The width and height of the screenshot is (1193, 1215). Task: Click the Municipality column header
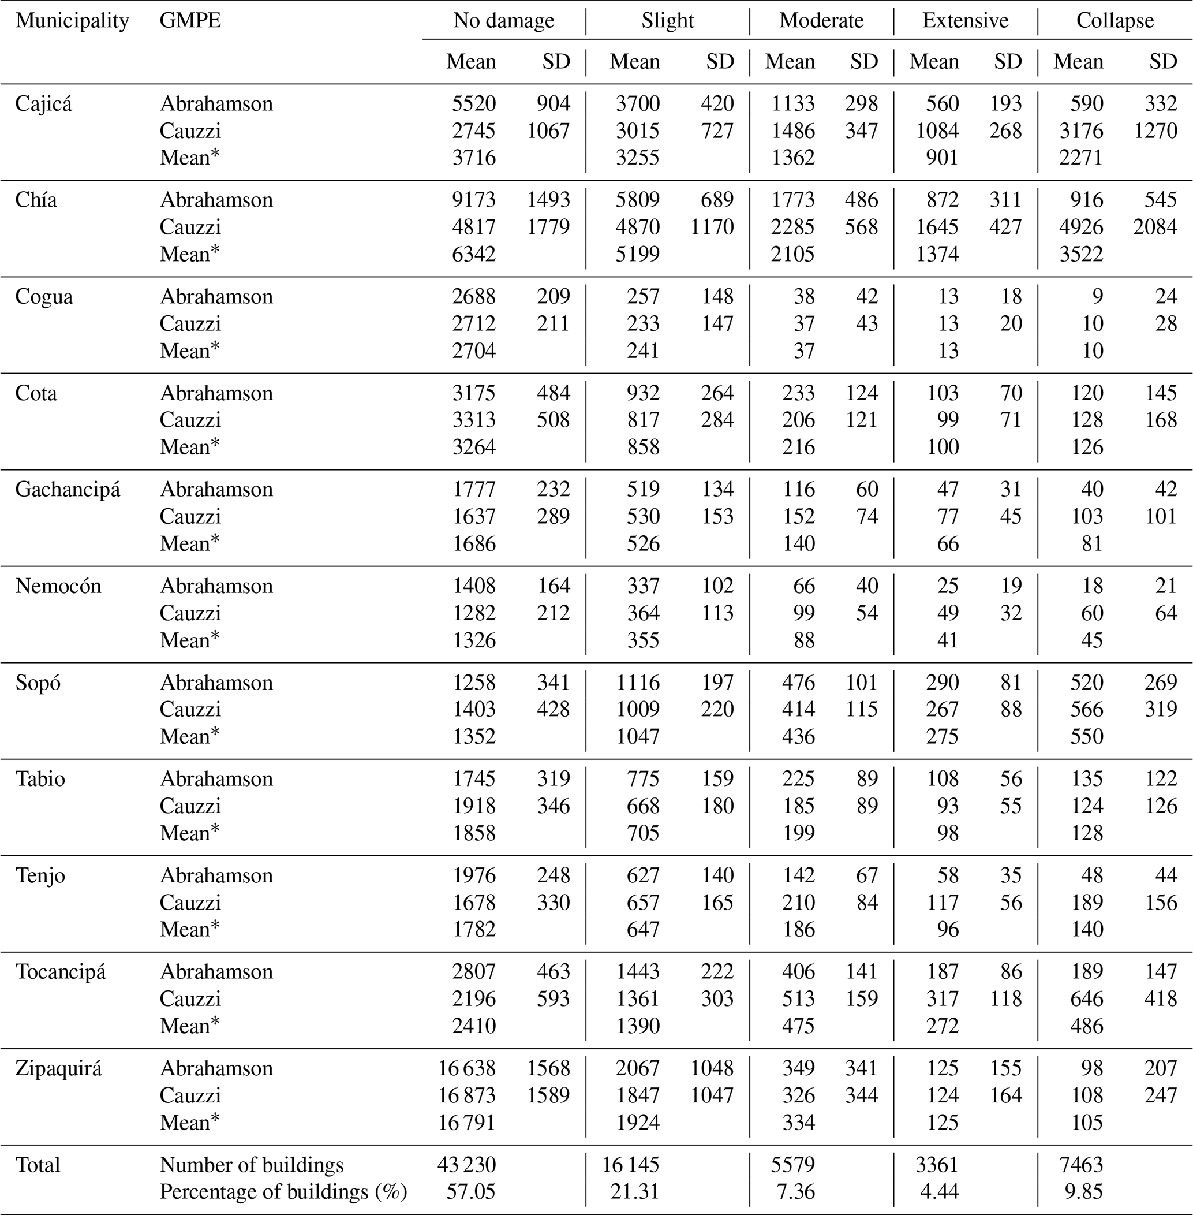(x=72, y=21)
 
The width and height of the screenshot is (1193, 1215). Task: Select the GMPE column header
(x=190, y=21)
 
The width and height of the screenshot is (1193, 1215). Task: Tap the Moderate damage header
(x=821, y=21)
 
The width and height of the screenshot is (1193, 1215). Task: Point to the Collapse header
(x=1115, y=21)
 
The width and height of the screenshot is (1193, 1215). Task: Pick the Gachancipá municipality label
(x=68, y=489)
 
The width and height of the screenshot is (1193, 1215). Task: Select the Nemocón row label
(x=58, y=586)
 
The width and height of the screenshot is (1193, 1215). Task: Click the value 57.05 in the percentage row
(x=474, y=1191)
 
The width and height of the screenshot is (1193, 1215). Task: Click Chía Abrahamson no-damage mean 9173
(x=474, y=199)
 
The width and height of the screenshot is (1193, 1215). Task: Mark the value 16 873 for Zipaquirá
(x=467, y=1095)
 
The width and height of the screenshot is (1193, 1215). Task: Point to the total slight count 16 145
(x=631, y=1165)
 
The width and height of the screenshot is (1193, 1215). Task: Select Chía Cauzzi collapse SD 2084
(x=1155, y=226)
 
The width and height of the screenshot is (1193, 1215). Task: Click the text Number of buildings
(x=252, y=1165)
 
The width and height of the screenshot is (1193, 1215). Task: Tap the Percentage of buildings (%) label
(x=283, y=1191)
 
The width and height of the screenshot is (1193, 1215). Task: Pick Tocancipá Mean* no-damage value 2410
(x=474, y=1026)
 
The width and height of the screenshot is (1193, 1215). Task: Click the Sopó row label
(x=38, y=682)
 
